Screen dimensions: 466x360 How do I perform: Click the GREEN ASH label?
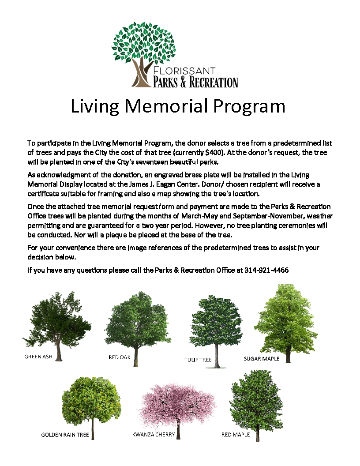(x=38, y=357)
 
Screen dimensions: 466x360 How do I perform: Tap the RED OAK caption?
(x=120, y=357)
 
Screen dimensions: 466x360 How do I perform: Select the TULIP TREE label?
(x=198, y=360)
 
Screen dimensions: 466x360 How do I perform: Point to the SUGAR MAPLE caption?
(x=262, y=359)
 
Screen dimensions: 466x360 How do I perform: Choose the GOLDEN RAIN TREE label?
(x=65, y=435)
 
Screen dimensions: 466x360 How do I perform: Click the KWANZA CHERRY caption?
(x=154, y=435)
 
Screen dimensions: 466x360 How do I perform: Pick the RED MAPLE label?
(x=236, y=435)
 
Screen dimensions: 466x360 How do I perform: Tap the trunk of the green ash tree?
(x=58, y=351)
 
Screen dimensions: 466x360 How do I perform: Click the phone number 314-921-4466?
(x=266, y=270)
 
